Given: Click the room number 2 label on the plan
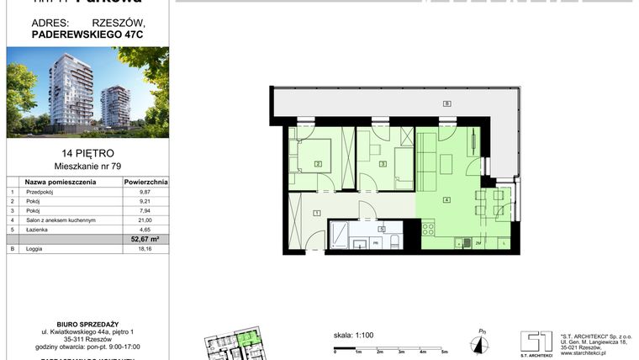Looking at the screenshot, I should click(319, 164).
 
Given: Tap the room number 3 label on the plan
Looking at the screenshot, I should click(383, 164).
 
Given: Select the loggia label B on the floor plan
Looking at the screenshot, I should click(447, 103).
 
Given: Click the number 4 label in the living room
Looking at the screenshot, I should click(447, 199).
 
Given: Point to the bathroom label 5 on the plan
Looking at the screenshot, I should click(381, 229).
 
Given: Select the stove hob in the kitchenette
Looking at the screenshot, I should click(428, 228).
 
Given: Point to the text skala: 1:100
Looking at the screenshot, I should click(353, 335).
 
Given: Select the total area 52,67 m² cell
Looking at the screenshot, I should click(145, 239).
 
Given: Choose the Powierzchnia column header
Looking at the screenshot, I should click(145, 181).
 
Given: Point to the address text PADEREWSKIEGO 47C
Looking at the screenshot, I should click(86, 35).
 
